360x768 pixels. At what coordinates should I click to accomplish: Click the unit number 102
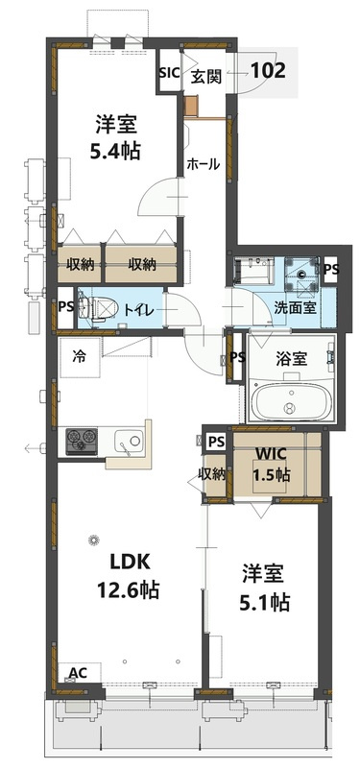266,69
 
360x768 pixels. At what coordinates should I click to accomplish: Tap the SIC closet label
168,73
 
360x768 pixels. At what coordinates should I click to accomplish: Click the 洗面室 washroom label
293,309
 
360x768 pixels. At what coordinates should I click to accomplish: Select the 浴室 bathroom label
291,358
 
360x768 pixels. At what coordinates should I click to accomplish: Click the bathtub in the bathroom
289,402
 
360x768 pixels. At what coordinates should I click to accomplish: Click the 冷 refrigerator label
80,355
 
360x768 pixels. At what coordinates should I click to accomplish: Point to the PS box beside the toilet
65,307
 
